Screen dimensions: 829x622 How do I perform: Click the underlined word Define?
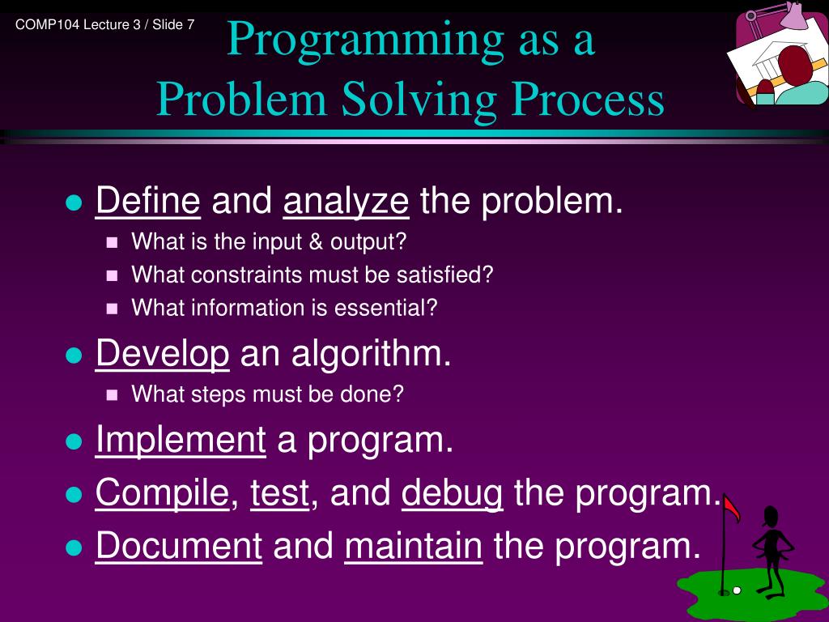(x=148, y=201)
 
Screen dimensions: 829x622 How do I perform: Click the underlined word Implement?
(x=181, y=441)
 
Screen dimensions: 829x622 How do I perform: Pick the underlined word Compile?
(x=162, y=493)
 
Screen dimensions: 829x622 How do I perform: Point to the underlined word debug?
(x=452, y=493)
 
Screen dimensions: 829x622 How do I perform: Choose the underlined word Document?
(x=179, y=545)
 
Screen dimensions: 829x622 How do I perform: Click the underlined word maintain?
(x=414, y=545)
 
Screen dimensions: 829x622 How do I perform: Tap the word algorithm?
(x=371, y=354)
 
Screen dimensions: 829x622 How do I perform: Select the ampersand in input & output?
(x=316, y=241)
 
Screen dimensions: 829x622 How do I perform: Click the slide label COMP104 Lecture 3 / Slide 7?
(x=104, y=24)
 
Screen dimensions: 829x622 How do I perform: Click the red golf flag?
(x=731, y=508)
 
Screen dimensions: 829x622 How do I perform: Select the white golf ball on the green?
(x=737, y=590)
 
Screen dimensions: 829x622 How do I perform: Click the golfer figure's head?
(x=771, y=516)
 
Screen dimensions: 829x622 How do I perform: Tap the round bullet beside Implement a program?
(x=74, y=441)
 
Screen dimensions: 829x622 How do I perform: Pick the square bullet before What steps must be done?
(x=112, y=394)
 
